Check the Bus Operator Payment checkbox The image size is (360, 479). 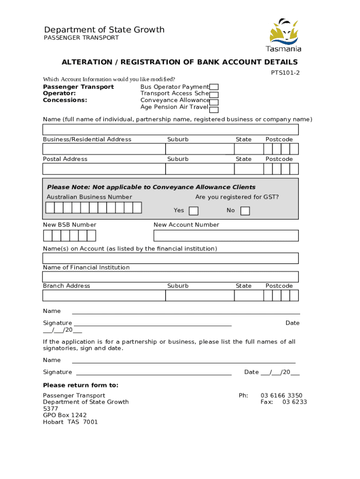click(214, 87)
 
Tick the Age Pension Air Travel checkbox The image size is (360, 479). click(214, 110)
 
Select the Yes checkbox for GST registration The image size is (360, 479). click(193, 211)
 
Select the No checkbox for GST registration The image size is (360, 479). click(245, 211)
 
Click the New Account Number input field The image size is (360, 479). click(226, 235)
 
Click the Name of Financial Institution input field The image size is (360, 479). click(170, 277)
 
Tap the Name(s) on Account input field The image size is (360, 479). click(170, 258)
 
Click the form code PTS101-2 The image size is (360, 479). click(285, 73)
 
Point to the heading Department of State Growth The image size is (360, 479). click(104, 30)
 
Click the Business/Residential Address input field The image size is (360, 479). click(104, 149)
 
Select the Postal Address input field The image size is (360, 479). click(104, 168)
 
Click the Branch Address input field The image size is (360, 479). click(104, 296)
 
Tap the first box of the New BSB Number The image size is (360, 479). click(47, 235)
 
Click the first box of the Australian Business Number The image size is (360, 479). click(50, 208)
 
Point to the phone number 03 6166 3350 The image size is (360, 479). click(281, 395)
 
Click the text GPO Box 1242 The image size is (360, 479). click(65, 415)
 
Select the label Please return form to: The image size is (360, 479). click(80, 385)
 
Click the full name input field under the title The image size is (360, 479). click(170, 130)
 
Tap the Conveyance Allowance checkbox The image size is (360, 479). click(214, 102)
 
